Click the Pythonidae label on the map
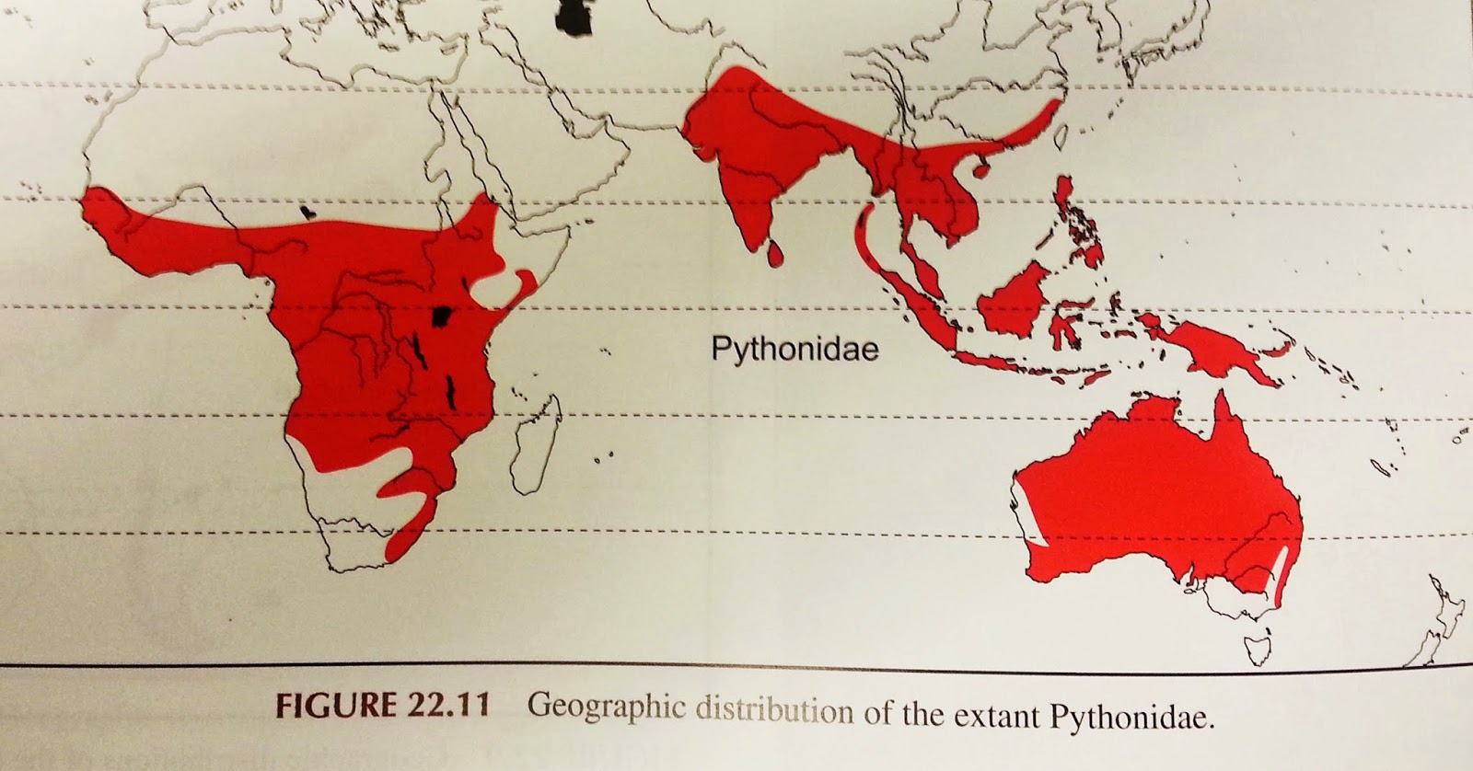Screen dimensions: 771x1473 tap(794, 350)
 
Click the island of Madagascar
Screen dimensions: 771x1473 tap(535, 442)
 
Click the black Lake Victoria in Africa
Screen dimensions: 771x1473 tap(445, 318)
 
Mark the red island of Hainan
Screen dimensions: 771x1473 tap(981, 168)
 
